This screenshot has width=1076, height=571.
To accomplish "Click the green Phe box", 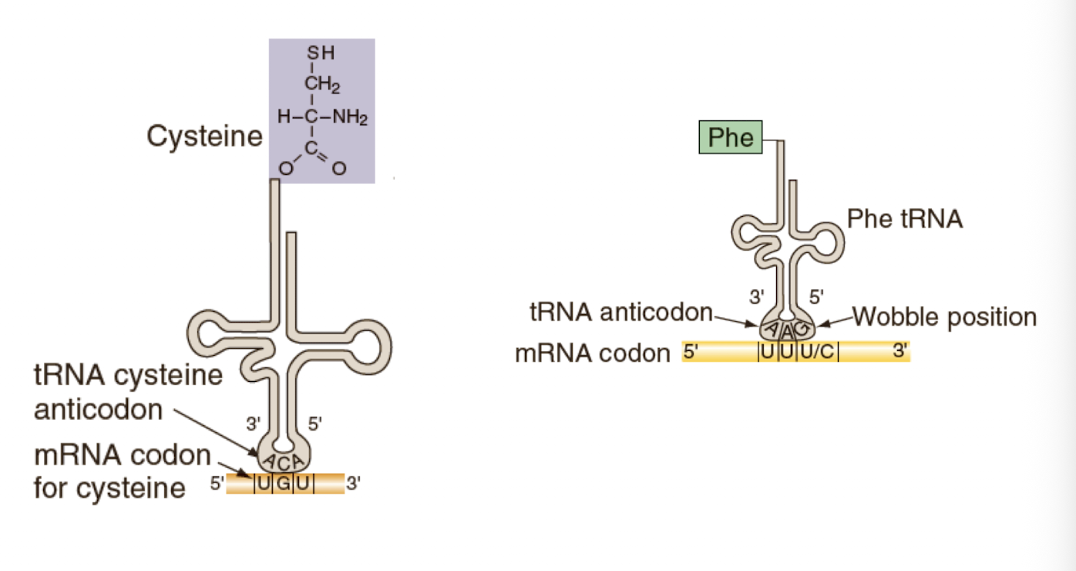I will [x=731, y=137].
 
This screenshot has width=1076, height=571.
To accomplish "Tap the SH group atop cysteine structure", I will [x=321, y=54].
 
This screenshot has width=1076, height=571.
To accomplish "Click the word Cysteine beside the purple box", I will [x=204, y=137].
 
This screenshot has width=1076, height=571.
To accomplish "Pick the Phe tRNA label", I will [x=905, y=218].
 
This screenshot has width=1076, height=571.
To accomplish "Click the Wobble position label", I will [x=944, y=316].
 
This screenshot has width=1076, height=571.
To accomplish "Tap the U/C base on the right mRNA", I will [x=817, y=352].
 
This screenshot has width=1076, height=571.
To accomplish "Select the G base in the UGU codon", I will [x=283, y=486].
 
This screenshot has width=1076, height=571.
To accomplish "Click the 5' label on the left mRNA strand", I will [x=217, y=485].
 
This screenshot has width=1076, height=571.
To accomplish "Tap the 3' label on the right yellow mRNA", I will [x=899, y=352].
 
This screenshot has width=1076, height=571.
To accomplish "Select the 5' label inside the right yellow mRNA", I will [x=691, y=352].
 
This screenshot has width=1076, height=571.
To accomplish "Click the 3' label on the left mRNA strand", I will [x=354, y=485].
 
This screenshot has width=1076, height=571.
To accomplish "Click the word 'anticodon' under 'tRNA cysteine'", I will [x=98, y=409].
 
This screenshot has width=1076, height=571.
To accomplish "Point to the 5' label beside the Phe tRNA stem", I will [x=815, y=295].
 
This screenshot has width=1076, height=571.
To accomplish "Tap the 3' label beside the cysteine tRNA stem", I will [x=254, y=423].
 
